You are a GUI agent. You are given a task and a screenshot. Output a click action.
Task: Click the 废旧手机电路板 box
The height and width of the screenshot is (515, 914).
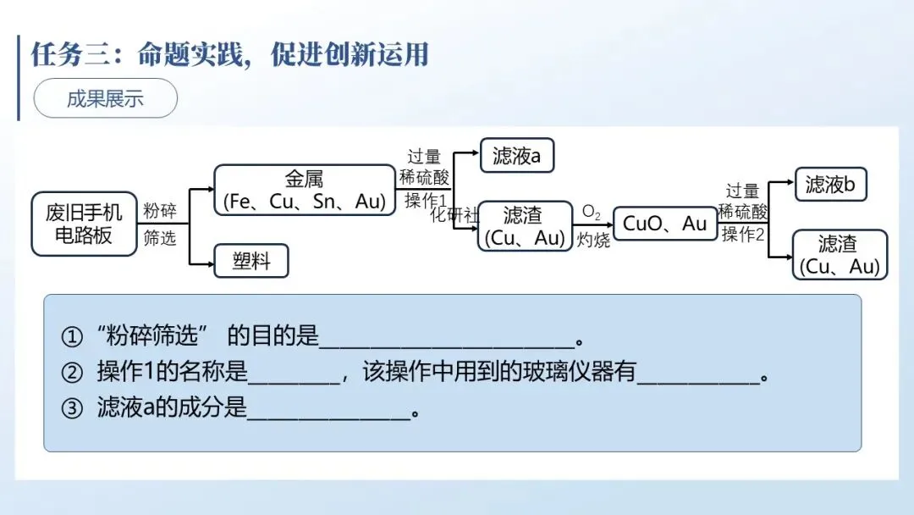[84, 224]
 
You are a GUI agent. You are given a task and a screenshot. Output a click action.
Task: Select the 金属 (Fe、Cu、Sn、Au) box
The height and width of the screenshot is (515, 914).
[304, 190]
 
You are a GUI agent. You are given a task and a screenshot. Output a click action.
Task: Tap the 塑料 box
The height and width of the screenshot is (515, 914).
[251, 261]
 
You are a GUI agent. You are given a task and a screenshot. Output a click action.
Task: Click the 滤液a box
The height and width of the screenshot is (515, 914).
[516, 156]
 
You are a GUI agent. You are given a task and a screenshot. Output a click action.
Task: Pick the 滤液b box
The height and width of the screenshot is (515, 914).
[831, 184]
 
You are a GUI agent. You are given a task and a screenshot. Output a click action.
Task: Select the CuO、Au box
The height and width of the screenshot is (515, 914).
[664, 224]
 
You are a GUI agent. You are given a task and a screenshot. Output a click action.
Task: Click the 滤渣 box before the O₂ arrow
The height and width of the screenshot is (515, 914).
[522, 226]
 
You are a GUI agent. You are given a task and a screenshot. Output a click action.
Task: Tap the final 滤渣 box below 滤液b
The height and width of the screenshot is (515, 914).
[839, 255]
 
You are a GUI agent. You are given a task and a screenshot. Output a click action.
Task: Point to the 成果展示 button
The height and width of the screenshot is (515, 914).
[105, 99]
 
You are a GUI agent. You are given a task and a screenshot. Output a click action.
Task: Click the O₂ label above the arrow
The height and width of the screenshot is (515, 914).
[591, 211]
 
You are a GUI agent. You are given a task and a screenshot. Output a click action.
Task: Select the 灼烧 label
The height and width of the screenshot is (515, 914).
[593, 240]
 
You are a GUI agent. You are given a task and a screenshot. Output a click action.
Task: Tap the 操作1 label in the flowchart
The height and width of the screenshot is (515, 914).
[425, 200]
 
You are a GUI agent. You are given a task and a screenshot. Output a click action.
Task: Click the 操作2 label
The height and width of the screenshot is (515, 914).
[743, 235]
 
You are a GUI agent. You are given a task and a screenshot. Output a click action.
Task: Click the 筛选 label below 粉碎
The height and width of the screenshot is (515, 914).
[159, 238]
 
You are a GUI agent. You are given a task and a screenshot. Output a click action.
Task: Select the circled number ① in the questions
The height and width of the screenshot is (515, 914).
[73, 337]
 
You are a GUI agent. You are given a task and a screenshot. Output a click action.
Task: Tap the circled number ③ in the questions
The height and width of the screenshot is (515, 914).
[73, 408]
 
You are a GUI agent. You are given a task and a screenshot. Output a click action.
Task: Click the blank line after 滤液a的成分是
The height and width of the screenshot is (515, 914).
[328, 412]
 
